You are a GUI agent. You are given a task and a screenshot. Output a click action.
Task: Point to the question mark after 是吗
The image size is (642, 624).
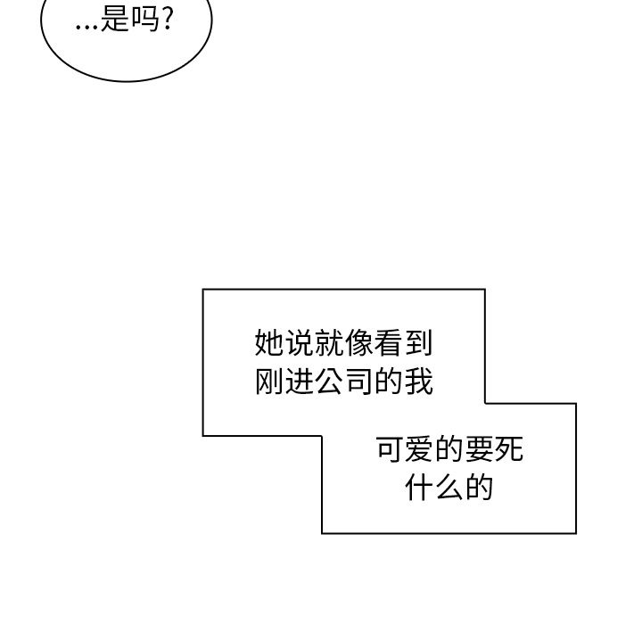click(x=168, y=20)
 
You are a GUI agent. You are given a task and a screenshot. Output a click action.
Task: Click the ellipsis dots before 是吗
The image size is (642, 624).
click(x=87, y=25)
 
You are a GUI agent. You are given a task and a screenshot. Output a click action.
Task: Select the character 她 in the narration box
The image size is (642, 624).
click(x=270, y=342)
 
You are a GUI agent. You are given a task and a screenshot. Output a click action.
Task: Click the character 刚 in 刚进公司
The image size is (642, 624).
click(x=270, y=381)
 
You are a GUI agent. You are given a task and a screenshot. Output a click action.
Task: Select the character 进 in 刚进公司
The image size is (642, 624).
click(x=300, y=381)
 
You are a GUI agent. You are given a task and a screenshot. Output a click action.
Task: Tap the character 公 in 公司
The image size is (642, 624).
click(x=329, y=381)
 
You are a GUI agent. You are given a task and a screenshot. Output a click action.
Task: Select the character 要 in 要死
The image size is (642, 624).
click(x=479, y=449)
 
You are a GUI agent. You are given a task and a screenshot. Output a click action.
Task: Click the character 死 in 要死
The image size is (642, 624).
click(x=508, y=449)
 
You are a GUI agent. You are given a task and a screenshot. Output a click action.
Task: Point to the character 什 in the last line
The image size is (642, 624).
click(x=420, y=488)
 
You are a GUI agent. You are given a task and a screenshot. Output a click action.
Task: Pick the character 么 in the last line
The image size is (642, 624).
click(x=449, y=488)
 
